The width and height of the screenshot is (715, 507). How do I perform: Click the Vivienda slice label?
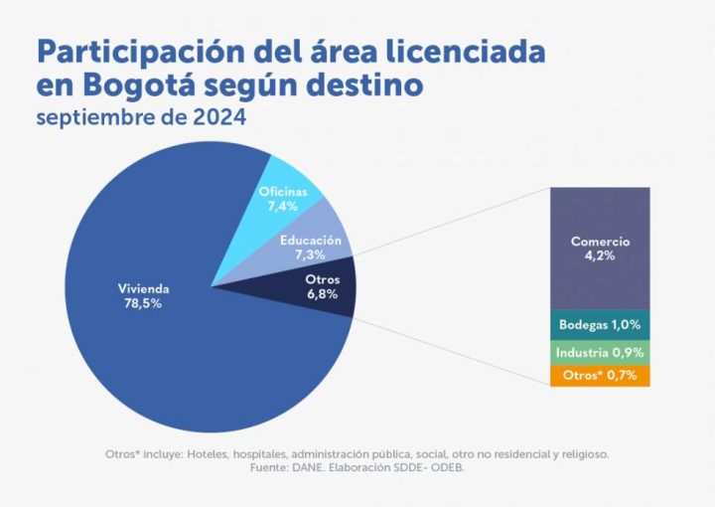[144, 289]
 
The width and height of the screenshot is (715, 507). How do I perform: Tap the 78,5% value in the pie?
[144, 303]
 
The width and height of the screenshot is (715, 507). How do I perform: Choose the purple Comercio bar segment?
[600, 249]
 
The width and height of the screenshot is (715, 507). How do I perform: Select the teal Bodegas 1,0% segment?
[600, 324]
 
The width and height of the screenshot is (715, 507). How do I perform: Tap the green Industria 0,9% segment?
[600, 353]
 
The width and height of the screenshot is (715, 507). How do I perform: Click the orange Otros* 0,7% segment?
[600, 376]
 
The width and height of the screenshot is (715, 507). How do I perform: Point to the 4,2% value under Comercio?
[600, 256]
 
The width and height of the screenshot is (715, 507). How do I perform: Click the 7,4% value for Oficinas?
[283, 205]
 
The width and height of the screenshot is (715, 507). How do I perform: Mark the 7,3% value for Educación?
[311, 254]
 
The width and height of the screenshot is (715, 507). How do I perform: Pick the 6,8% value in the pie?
[322, 294]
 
